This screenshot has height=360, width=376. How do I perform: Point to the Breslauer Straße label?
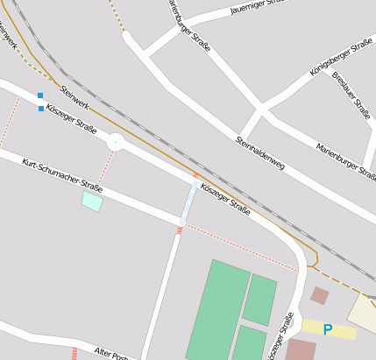[351, 94]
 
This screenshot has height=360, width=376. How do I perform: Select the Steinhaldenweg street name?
[260, 152]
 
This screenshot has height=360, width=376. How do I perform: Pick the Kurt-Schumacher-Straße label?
[62, 175]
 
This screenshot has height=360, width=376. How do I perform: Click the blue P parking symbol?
[328, 330]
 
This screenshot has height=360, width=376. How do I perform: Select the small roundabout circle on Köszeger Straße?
[116, 142]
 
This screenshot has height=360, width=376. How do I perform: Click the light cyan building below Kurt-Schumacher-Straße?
[92, 201]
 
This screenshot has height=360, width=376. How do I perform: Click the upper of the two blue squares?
[39, 95]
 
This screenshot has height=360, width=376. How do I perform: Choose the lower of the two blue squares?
[41, 109]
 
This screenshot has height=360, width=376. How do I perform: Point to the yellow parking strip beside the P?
[344, 331]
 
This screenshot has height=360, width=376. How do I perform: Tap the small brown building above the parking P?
[320, 295]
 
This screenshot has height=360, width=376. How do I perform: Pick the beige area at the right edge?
[363, 311]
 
